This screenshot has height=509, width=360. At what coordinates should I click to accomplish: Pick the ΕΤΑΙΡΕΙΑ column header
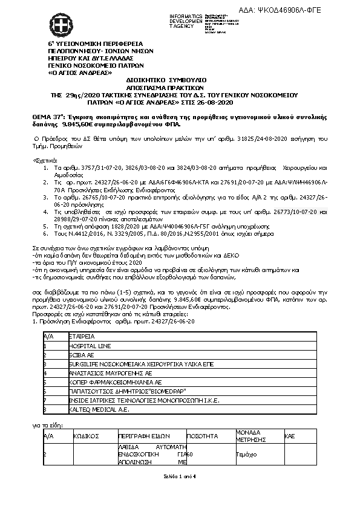pyautogui.click(x=82, y=336)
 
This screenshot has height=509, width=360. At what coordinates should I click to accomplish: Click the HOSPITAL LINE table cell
pyautogui.click(x=90, y=346)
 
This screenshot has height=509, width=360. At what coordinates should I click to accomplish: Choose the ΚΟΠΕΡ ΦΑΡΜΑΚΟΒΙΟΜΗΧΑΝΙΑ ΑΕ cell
pyautogui.click(x=114, y=382)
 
